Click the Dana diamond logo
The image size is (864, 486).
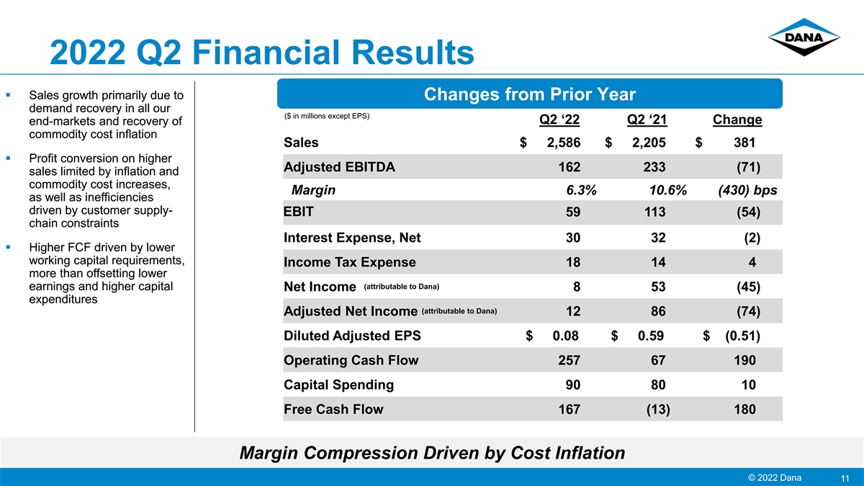[804, 37]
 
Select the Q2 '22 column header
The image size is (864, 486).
[559, 120]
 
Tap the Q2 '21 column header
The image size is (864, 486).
[647, 120]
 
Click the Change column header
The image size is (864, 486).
[737, 120]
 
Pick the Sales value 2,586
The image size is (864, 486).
[564, 143]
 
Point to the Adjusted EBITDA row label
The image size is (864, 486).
[339, 167]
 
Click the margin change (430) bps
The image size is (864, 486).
[747, 190]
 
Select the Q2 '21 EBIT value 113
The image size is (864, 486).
[654, 212]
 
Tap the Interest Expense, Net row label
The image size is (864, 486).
[352, 238]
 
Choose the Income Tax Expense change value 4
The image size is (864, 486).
[752, 262]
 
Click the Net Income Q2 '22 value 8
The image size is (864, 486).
[577, 287]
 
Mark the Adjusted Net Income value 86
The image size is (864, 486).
[658, 311]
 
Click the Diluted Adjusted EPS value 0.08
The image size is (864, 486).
[565, 336]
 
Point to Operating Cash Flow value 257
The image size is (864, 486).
[570, 360]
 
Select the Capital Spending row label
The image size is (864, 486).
[338, 384]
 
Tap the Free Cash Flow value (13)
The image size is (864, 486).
[658, 409]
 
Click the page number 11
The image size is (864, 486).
[845, 478]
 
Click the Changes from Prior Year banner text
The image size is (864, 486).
[530, 94]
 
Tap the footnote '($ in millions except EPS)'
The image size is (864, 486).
[327, 116]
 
